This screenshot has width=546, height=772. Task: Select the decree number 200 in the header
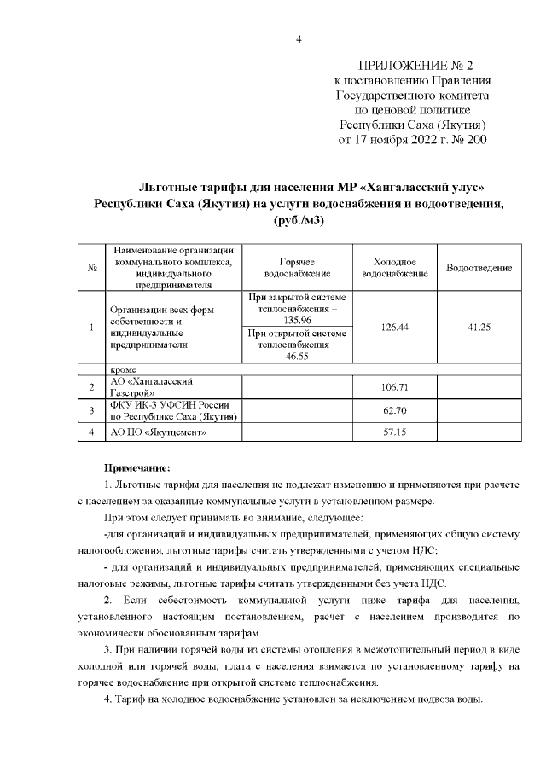tap(475, 139)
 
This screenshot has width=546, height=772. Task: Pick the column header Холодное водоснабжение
tap(394, 268)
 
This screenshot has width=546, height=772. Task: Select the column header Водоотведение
tap(479, 268)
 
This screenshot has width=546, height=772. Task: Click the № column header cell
tap(91, 268)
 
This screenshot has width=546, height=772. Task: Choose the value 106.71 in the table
tap(394, 387)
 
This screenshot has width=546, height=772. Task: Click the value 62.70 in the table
tap(394, 410)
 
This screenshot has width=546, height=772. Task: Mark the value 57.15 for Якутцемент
tap(394, 432)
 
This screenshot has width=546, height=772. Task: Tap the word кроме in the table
tap(124, 369)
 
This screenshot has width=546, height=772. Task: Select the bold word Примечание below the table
tap(137, 467)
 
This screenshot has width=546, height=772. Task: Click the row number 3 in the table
tap(91, 410)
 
